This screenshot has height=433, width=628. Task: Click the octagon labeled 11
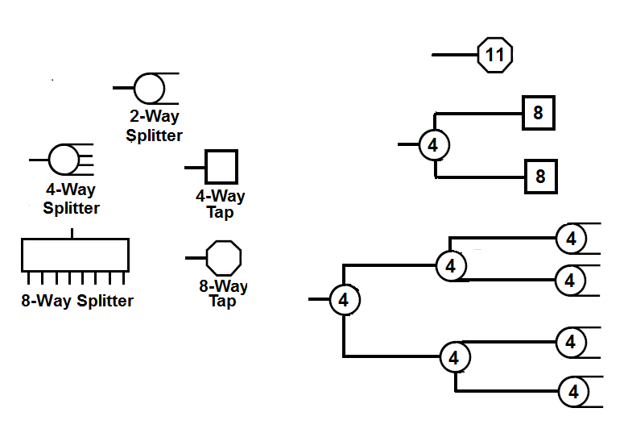point(495,55)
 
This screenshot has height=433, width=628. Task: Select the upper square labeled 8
point(538,113)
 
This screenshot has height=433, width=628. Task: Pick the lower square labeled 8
point(540,176)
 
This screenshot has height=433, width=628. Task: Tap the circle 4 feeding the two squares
point(434,145)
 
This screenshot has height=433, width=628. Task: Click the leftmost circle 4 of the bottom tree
point(344,300)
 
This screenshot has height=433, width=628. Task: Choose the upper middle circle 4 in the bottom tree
point(451,265)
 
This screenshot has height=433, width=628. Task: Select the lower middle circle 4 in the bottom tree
point(454,356)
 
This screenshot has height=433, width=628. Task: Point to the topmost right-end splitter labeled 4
point(571,239)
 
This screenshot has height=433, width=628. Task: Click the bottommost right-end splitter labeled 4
point(573,393)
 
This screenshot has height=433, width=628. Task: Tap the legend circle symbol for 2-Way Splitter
point(148,86)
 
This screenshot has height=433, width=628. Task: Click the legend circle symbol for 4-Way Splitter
point(64,159)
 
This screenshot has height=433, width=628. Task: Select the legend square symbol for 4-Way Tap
point(221,167)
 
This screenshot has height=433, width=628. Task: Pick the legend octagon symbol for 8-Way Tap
point(224,258)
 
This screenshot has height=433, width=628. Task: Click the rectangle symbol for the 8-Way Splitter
point(74,254)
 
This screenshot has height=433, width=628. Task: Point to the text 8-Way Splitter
point(77,302)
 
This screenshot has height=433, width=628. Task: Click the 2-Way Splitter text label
point(155,126)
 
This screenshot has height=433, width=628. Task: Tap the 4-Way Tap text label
point(221,204)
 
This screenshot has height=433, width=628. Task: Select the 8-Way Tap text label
point(223,294)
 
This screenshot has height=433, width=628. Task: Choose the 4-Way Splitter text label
point(71,199)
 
